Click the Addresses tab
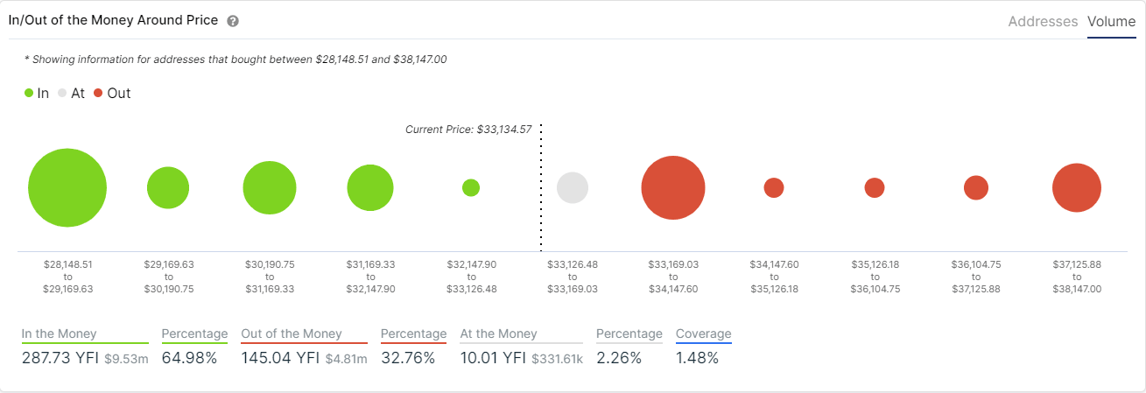coord(1043,21)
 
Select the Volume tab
coord(1111,21)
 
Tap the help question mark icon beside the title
coord(233,21)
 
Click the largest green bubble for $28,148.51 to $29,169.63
coord(67,188)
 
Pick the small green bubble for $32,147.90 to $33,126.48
coord(471,187)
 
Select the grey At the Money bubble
coord(573,188)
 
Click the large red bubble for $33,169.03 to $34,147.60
coord(673,188)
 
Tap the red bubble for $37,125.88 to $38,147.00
coord(1076,188)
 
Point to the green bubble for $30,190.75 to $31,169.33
coord(270,188)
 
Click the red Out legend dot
coord(98,93)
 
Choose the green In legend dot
coord(29,93)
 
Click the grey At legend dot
coord(63,93)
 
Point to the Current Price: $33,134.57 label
coord(468,129)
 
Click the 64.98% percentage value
coord(189,358)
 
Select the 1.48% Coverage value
coord(697,358)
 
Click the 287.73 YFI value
coord(60,358)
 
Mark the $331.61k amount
coord(557,359)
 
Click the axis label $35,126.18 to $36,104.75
coord(874,276)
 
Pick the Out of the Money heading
coord(291,333)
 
